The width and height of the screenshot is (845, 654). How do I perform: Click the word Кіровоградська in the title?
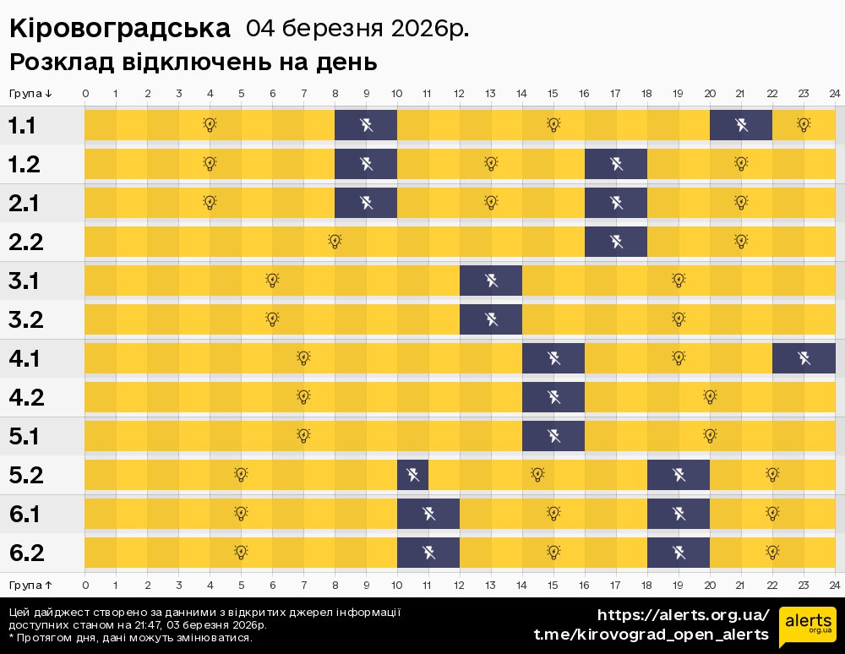tap(119, 29)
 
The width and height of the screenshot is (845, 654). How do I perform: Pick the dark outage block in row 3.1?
tap(491, 281)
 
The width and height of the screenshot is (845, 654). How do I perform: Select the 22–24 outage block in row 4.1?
tap(804, 358)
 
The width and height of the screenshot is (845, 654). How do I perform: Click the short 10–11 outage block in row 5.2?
tap(413, 475)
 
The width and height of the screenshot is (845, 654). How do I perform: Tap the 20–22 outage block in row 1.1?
tap(741, 125)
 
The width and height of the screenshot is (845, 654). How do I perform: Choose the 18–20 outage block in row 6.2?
tap(679, 553)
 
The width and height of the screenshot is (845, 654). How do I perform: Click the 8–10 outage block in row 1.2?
tap(366, 164)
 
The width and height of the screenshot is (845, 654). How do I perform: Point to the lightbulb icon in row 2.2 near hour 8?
tap(335, 242)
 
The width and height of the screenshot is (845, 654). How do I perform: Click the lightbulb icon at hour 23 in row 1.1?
tap(804, 125)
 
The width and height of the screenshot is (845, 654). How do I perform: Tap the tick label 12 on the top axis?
tap(460, 93)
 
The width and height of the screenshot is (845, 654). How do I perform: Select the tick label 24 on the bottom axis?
tap(834, 584)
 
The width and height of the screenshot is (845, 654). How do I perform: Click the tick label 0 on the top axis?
tap(85, 93)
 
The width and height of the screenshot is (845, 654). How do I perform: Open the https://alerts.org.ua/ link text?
tap(683, 614)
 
